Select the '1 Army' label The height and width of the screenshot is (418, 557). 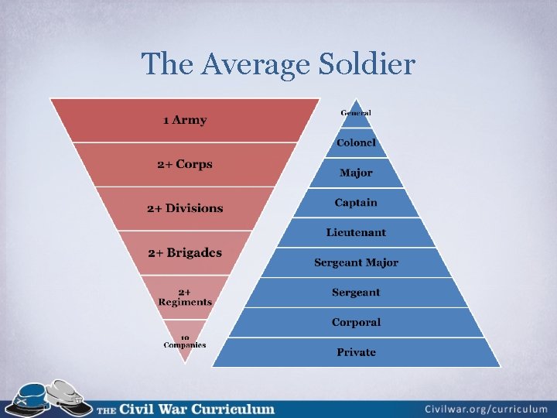(185, 120)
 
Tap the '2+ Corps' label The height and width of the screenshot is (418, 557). (185, 164)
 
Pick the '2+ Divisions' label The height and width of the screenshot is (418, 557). (185, 208)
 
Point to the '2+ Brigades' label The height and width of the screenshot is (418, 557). (185, 253)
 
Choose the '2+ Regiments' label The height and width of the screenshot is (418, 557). (185, 297)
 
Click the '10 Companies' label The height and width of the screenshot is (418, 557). (185, 341)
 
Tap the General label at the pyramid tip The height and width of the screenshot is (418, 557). (356, 113)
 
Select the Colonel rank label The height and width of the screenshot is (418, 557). (356, 142)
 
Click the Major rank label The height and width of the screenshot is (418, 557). (356, 173)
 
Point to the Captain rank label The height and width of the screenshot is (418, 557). (356, 203)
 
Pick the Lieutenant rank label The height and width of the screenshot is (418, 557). (356, 232)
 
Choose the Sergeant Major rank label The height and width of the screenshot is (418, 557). (356, 262)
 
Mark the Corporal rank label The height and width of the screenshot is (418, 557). (356, 322)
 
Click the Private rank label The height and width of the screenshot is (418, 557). (356, 352)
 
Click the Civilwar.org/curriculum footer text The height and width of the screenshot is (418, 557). (486, 408)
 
